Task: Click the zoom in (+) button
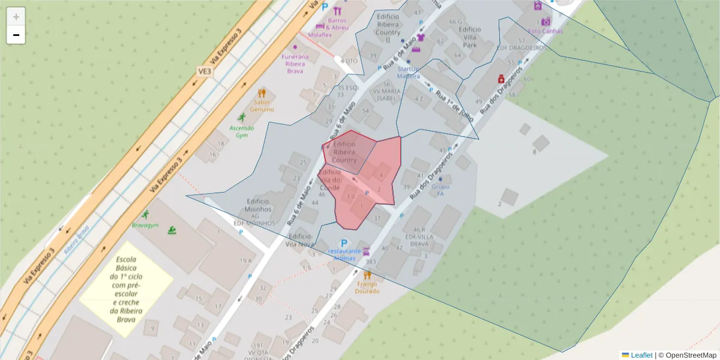tap(16, 17)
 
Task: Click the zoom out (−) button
tap(16, 35)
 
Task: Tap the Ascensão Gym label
tap(242, 131)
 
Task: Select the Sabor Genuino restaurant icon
tap(262, 94)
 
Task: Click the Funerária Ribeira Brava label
tap(295, 64)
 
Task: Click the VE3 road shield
tap(205, 71)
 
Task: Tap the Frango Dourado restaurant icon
tap(367, 275)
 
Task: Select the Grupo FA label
tap(440, 190)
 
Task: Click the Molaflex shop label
tap(320, 35)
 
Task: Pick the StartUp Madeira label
tap(409, 73)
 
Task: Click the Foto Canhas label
tap(545, 31)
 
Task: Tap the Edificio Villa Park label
tap(469, 37)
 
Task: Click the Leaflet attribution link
tap(641, 355)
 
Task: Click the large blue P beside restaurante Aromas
tap(344, 243)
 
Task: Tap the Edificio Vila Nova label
tap(300, 241)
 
